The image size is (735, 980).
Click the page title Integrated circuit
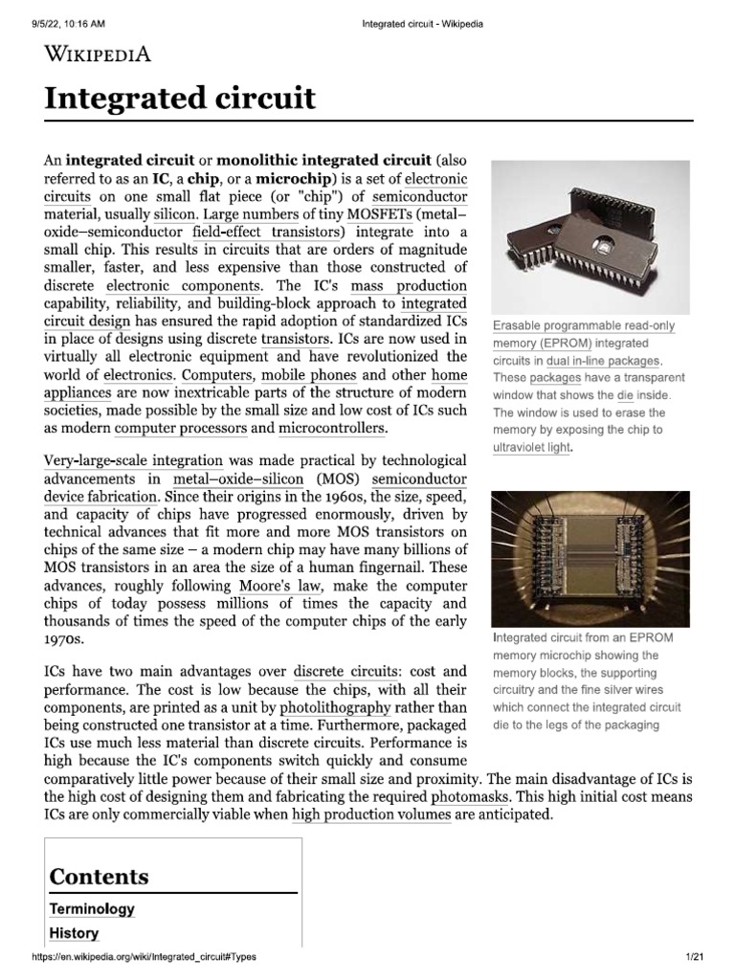tap(180, 100)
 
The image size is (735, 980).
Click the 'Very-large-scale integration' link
tap(134, 461)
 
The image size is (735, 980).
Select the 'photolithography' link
tap(335, 708)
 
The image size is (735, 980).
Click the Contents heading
tap(100, 877)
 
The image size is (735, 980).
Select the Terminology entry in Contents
tap(92, 909)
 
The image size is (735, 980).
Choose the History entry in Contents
tap(75, 933)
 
